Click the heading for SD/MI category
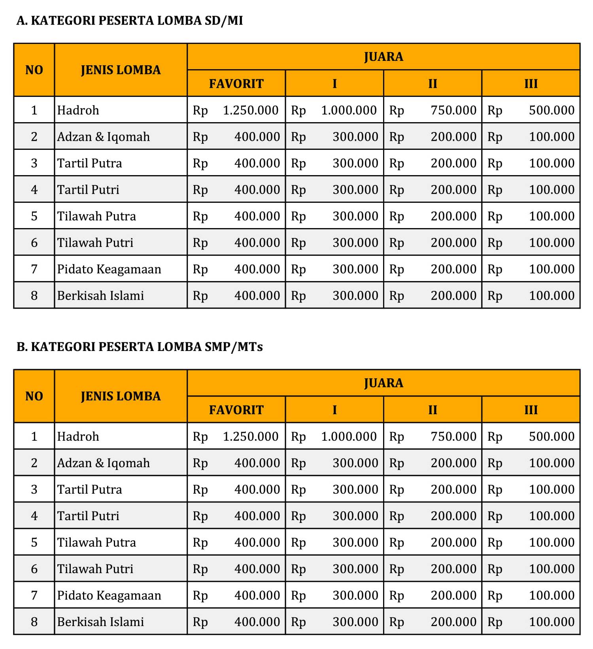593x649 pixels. (130, 21)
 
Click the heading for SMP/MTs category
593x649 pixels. (140, 347)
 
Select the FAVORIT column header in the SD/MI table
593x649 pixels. (236, 84)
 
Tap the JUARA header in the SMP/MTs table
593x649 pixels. (383, 383)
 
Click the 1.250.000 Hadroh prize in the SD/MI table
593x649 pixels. (251, 110)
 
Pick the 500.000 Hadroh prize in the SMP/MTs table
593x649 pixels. (551, 436)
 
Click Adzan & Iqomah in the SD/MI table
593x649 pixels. (104, 137)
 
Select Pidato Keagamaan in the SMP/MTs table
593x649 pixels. (109, 595)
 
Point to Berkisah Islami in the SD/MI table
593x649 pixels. (100, 296)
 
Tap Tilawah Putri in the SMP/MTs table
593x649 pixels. (95, 569)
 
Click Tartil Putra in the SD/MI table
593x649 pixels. (89, 163)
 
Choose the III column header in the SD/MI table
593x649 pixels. (531, 84)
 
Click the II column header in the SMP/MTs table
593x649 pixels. (432, 410)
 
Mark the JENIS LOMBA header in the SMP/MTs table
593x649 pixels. (121, 396)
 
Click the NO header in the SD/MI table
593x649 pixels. (34, 70)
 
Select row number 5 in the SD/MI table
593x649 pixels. (34, 216)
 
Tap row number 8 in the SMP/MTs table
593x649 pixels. (34, 622)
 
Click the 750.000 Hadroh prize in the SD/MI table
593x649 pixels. (453, 110)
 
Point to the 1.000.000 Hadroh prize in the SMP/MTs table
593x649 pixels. (349, 436)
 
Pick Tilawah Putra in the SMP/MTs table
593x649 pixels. (96, 542)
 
